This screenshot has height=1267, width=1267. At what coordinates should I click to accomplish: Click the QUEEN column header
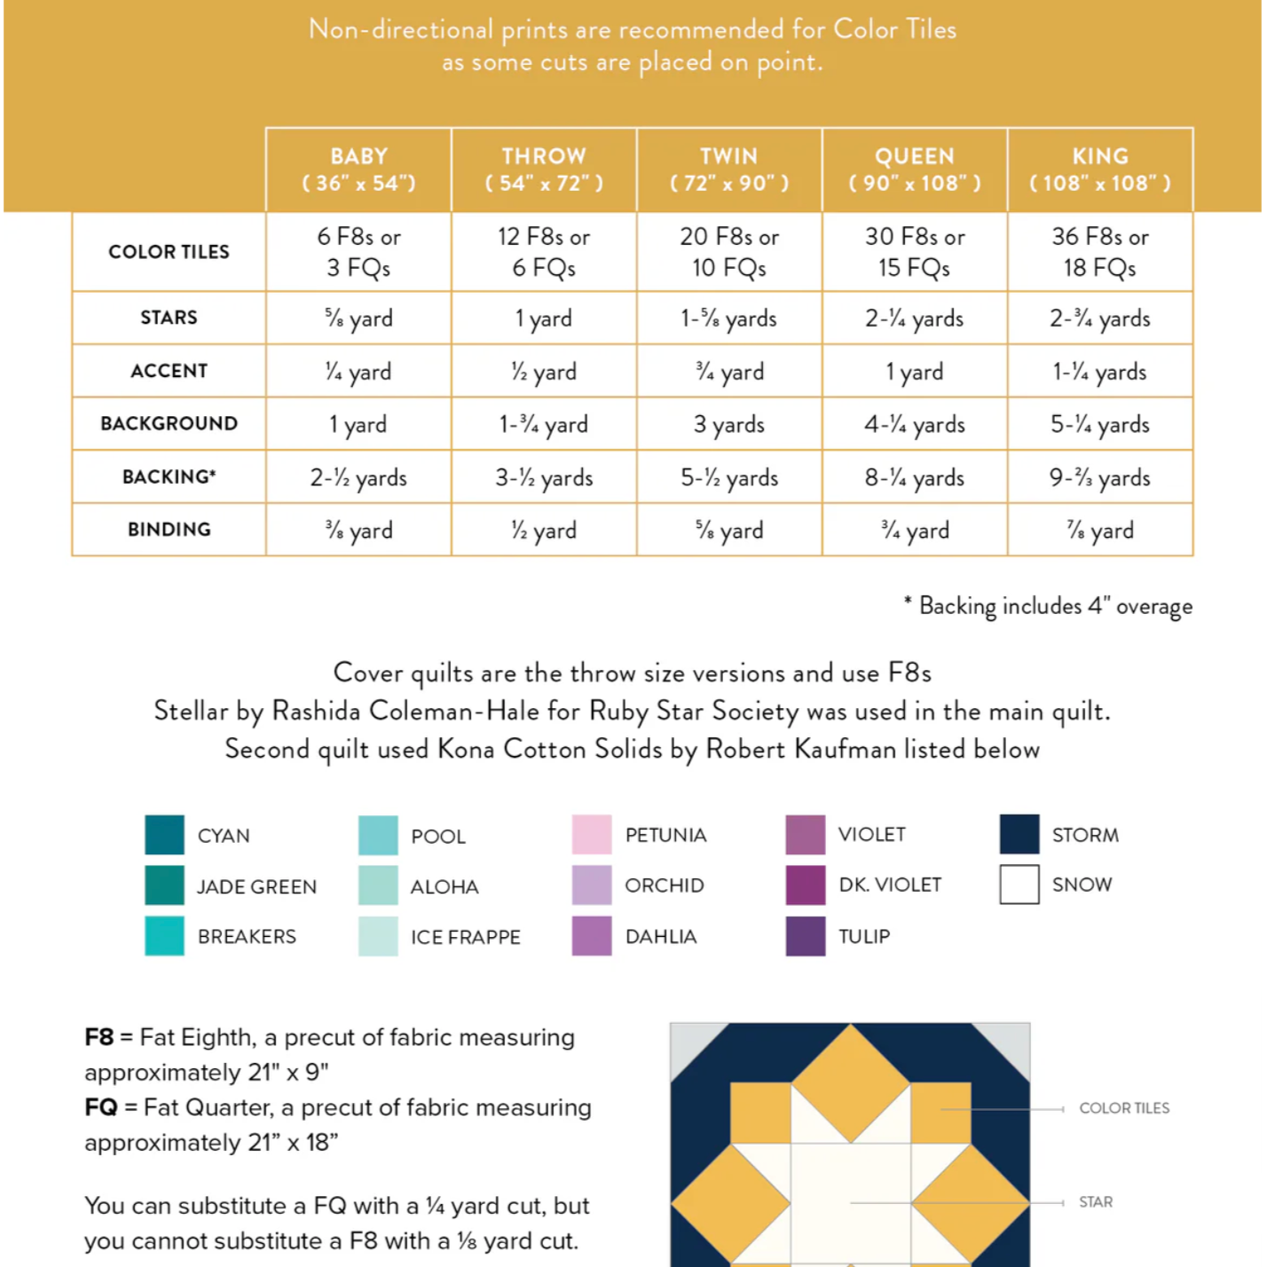pyautogui.click(x=915, y=169)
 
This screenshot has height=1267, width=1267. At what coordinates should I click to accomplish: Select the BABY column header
pyautogui.click(x=358, y=169)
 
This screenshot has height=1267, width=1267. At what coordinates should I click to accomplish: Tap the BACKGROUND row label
pyautogui.click(x=169, y=423)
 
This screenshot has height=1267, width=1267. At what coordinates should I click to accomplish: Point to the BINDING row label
pyautogui.click(x=169, y=530)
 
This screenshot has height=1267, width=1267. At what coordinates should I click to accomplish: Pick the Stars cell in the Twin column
pyautogui.click(x=728, y=319)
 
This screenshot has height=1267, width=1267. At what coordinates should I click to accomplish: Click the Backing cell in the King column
pyautogui.click(x=1099, y=477)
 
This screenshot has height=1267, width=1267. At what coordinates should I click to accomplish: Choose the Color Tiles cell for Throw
pyautogui.click(x=543, y=252)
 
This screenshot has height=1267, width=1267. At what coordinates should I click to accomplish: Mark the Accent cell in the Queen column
pyautogui.click(x=914, y=372)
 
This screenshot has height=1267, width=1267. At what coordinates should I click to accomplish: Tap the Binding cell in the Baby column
pyautogui.click(x=358, y=531)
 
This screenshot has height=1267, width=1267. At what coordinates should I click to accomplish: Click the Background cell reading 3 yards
pyautogui.click(x=728, y=424)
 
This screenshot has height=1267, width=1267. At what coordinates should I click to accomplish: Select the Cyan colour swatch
pyautogui.click(x=164, y=835)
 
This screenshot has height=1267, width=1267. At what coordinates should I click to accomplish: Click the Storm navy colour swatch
pyautogui.click(x=1019, y=834)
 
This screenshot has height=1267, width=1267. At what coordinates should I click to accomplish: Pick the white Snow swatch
pyautogui.click(x=1019, y=885)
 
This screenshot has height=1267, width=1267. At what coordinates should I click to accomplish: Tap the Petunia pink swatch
pyautogui.click(x=592, y=834)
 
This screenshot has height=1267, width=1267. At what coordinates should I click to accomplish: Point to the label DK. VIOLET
pyautogui.click(x=890, y=885)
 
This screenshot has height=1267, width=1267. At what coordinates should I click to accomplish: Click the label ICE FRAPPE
pyautogui.click(x=465, y=937)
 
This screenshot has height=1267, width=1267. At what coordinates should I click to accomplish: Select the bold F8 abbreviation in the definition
pyautogui.click(x=99, y=1037)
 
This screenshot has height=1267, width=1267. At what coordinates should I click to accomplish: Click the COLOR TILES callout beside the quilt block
pyautogui.click(x=1124, y=1108)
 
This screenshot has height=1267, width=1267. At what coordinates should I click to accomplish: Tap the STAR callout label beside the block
pyautogui.click(x=1096, y=1202)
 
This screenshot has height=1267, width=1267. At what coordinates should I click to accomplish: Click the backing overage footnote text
pyautogui.click(x=1049, y=606)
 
